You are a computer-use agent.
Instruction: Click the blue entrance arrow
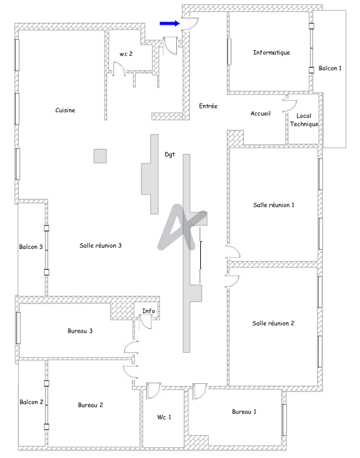[x=169, y=23]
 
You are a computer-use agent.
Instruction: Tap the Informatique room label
[x=271, y=53]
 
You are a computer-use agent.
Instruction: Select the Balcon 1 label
[x=330, y=68]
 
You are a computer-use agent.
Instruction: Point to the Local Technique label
[x=304, y=120]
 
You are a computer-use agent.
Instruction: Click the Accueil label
[x=260, y=113]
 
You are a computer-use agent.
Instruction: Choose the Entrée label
[x=208, y=106]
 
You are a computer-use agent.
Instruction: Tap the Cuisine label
[x=65, y=110]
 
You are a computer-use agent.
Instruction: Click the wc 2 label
[x=126, y=54]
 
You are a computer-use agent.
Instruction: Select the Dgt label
[x=170, y=154]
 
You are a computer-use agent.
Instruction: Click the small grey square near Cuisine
[x=100, y=156]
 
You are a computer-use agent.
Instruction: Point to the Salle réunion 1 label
[x=274, y=205]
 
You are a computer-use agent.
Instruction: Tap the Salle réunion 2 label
[x=273, y=323]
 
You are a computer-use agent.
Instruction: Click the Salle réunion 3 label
[x=101, y=245]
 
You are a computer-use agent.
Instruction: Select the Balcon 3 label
[x=31, y=247]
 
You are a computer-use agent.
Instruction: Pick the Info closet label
[x=148, y=311]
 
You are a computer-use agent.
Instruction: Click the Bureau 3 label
[x=80, y=331]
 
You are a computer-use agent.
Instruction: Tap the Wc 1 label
[x=164, y=417]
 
